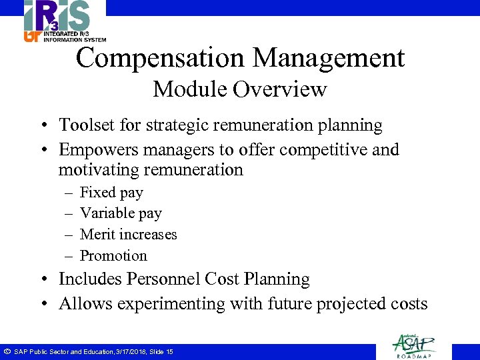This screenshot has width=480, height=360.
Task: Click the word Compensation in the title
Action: pyautogui.click(x=160, y=59)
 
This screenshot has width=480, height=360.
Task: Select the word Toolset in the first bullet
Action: pyautogui.click(x=84, y=125)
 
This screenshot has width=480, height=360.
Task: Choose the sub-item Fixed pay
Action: pyautogui.click(x=111, y=193)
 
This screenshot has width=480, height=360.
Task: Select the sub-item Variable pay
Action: pyautogui.click(x=121, y=213)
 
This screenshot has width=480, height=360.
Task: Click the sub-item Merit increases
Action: pyautogui.click(x=128, y=235)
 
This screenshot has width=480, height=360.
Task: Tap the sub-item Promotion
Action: pyautogui.click(x=113, y=255)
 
